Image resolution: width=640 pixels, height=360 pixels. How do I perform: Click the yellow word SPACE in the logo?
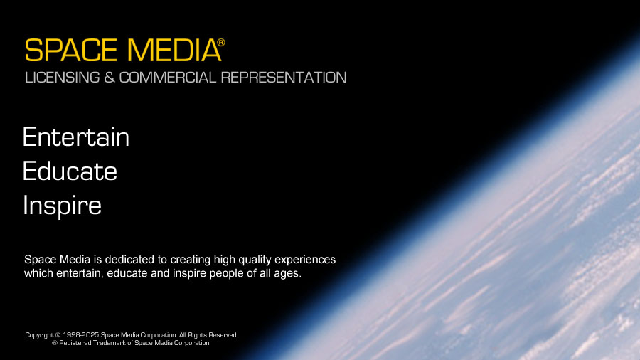coord(70,51)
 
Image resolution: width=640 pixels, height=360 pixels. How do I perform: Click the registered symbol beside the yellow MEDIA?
coord(220,43)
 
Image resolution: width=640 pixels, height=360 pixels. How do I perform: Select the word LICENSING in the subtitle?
coord(61,78)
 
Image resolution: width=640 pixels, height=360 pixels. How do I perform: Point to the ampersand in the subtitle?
coord(109,78)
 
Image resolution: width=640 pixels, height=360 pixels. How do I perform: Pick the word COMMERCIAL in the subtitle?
coord(168,78)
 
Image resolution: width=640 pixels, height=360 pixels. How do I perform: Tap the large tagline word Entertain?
coord(76,137)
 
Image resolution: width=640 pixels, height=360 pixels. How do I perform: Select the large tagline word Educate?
coord(70,171)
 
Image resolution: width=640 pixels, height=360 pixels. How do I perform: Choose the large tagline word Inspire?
coord(62,206)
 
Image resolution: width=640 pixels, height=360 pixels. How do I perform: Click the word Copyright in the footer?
coord(38,335)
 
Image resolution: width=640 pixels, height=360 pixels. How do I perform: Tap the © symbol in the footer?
coord(58,335)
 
